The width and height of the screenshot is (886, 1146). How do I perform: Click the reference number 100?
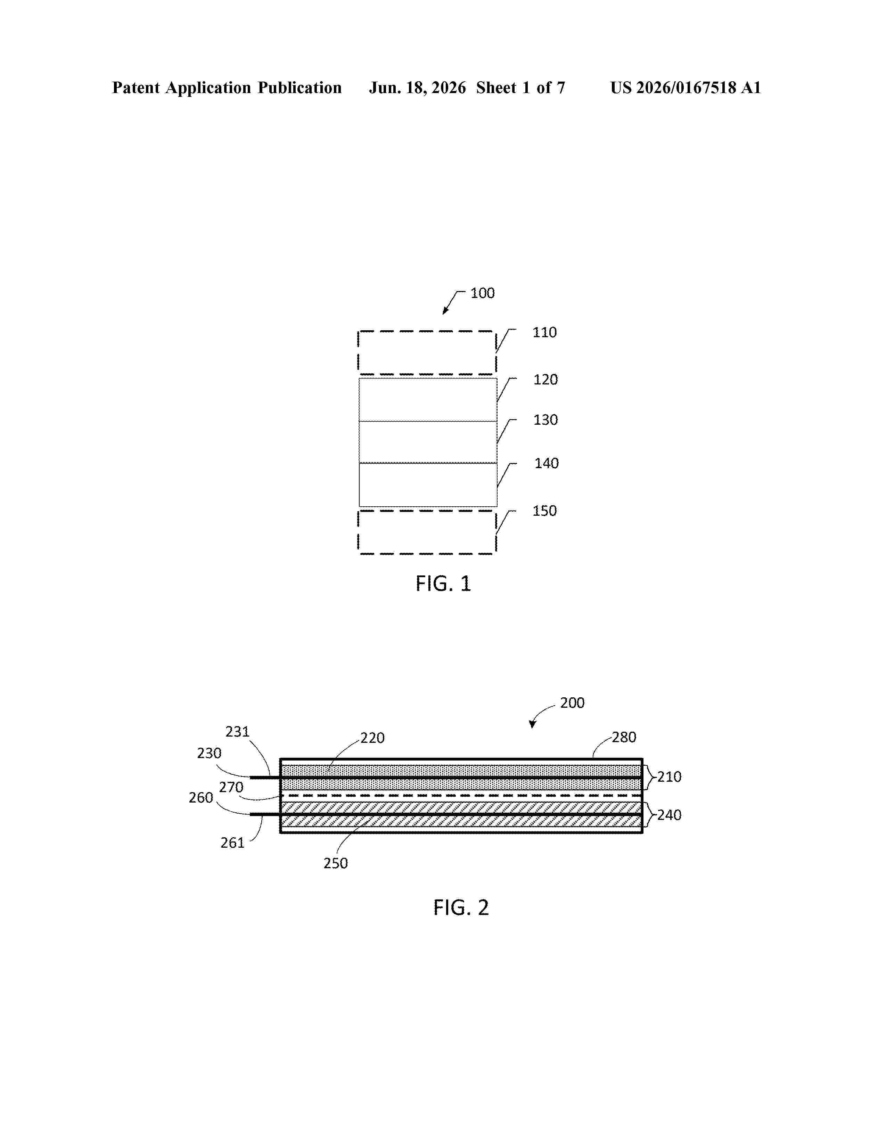[x=482, y=293]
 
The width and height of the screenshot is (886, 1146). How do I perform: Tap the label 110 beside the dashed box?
[x=544, y=333]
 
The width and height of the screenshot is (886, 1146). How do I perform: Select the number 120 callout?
[x=545, y=380]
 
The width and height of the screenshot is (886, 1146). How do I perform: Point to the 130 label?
[x=545, y=420]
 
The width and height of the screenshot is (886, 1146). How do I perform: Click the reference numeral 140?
[x=547, y=463]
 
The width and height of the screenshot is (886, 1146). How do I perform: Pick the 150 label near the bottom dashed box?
[x=544, y=511]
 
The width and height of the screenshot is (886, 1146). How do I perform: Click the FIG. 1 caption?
[x=444, y=583]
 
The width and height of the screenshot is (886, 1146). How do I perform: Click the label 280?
[x=624, y=738]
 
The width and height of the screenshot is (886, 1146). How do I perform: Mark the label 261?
[x=232, y=843]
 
